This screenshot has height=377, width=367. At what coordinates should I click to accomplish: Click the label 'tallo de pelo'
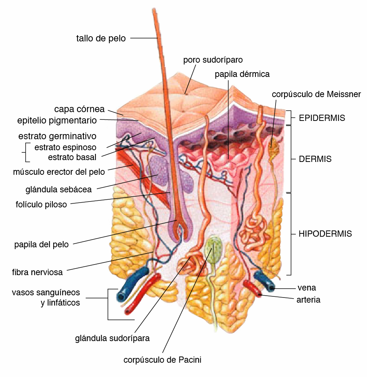click(x=101, y=38)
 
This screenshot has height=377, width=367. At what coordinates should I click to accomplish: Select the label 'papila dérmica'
click(x=242, y=74)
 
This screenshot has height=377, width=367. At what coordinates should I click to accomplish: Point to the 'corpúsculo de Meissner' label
click(x=316, y=94)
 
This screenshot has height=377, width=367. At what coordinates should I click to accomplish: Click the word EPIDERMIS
click(x=322, y=118)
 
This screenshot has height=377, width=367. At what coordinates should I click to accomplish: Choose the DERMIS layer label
click(x=315, y=159)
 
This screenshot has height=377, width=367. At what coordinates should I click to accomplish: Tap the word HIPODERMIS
click(x=325, y=234)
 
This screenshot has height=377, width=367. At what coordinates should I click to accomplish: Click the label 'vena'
click(x=307, y=288)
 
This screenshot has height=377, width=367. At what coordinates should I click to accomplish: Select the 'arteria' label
click(x=308, y=300)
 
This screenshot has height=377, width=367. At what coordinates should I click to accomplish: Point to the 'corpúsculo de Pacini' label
click(x=162, y=360)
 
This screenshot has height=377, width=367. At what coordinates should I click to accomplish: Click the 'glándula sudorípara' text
click(x=112, y=338)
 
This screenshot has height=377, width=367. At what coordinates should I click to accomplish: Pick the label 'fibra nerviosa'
click(x=37, y=272)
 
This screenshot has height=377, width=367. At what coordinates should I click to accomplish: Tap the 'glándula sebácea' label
click(x=59, y=189)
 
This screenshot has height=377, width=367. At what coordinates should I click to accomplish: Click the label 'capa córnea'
click(x=79, y=109)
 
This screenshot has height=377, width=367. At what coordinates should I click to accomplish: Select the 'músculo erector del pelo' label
click(x=59, y=171)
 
